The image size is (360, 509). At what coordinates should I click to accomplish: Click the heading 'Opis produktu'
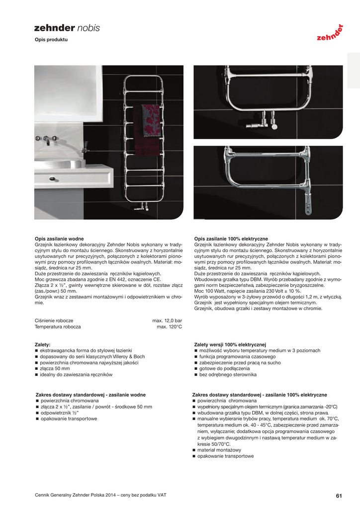point(51,39)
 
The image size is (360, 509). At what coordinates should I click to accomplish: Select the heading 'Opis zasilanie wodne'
point(59,239)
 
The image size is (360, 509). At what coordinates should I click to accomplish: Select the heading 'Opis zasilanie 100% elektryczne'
point(231,239)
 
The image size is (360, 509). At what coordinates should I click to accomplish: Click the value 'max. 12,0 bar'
point(167,321)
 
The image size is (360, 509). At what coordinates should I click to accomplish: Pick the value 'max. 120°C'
point(169,327)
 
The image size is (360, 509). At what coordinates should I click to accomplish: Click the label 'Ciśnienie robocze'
point(54,321)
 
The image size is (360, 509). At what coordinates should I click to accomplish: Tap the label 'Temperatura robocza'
point(58,327)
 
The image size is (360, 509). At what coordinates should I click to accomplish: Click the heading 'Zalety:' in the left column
point(43,344)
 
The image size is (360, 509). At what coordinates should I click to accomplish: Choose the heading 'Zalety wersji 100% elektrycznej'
point(230,344)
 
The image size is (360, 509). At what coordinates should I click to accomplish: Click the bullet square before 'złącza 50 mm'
point(37,369)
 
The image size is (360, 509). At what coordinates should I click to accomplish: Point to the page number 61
point(339,495)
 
